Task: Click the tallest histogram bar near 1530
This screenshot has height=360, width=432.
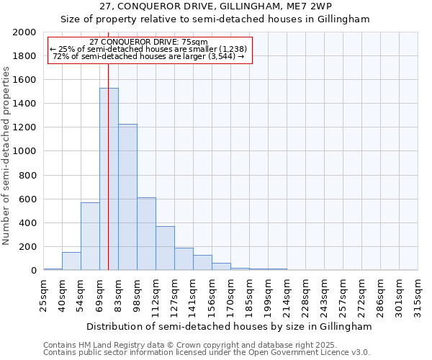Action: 109,180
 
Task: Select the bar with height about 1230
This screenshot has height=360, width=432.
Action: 127,198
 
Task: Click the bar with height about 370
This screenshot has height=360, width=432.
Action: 165,248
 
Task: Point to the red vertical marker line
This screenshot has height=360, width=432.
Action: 108,144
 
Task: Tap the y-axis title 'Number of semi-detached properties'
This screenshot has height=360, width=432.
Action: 6,156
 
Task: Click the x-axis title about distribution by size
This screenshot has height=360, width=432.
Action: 230,326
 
